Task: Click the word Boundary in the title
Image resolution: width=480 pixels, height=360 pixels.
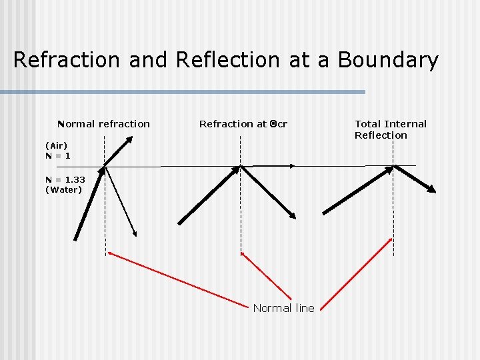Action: (389, 60)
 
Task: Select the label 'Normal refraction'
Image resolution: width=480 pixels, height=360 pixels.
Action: (104, 123)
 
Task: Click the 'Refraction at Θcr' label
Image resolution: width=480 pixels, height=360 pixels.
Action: (243, 123)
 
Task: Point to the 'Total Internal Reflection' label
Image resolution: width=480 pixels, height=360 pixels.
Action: (390, 129)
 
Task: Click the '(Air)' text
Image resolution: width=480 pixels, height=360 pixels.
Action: (57, 145)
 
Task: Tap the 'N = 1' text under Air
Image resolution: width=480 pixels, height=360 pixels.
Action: (58, 155)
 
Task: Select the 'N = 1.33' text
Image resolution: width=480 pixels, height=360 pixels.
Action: (65, 179)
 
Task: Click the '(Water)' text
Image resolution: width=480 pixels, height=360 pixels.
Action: (64, 189)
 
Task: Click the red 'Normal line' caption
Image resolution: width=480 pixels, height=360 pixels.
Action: (283, 308)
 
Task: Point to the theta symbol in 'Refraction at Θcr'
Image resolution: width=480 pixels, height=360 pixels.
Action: (273, 123)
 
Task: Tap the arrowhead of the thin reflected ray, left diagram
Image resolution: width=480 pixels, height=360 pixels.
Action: (135, 233)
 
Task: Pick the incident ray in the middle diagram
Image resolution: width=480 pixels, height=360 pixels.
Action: (209, 195)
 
